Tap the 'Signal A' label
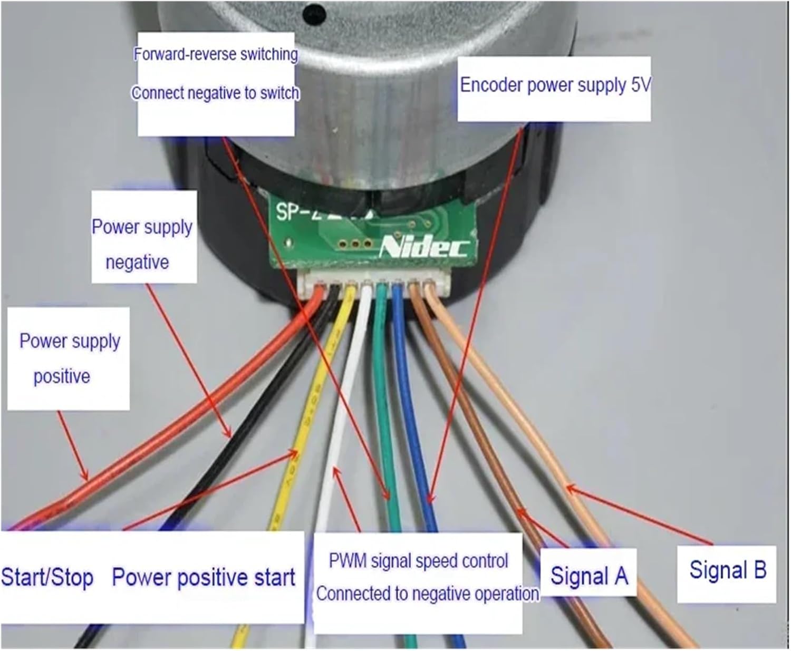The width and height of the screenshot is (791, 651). click(589, 575)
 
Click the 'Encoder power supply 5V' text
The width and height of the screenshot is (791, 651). click(555, 85)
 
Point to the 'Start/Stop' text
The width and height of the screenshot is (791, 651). click(47, 577)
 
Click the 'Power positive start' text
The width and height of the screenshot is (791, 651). click(204, 577)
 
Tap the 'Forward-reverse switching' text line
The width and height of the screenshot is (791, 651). click(216, 54)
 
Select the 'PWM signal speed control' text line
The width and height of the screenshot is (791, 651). click(418, 561)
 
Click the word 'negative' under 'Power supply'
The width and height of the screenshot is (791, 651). click(137, 262)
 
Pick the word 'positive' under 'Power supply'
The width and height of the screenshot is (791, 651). click(62, 376)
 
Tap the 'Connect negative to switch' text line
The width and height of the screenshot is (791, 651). click(216, 93)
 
